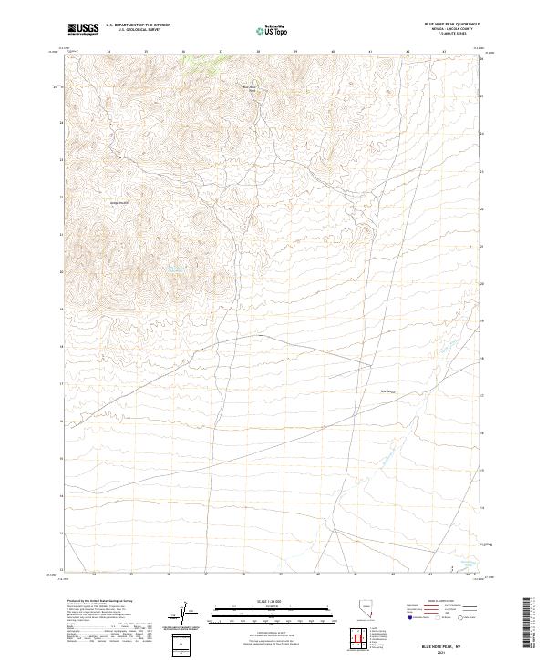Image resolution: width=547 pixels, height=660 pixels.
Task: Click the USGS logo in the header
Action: (x=83, y=29)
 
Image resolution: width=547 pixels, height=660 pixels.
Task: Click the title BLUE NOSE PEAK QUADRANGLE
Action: (x=449, y=25)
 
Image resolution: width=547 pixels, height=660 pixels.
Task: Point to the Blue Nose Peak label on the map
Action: (x=253, y=88)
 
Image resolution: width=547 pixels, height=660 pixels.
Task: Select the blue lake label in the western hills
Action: (x=171, y=269)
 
